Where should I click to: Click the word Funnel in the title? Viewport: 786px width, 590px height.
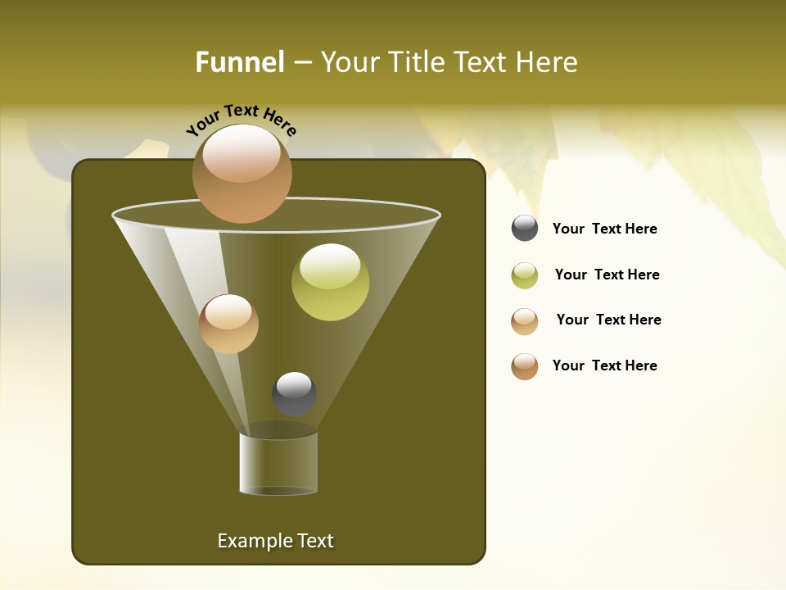coord(240,62)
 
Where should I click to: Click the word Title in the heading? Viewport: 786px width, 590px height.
coord(416,62)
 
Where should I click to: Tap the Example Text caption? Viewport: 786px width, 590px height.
coord(275,541)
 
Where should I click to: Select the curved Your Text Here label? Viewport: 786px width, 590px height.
coord(241,120)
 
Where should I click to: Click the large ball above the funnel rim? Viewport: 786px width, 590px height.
coord(242,174)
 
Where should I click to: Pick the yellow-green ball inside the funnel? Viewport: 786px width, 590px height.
coord(330,282)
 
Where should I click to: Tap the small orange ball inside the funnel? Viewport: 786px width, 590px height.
coord(228,324)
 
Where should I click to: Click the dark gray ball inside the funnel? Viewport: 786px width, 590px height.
coord(294,394)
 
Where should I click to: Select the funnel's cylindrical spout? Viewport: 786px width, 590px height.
coord(278,463)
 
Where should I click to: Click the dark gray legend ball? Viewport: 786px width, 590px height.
coord(525,229)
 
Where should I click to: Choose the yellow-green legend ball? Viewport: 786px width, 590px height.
coord(525,275)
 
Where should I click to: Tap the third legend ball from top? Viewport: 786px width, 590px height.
coord(525,321)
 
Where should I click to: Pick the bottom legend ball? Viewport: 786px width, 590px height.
coord(525,366)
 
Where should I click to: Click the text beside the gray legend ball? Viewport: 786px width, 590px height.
coord(604,229)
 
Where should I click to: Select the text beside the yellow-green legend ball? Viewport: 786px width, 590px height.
coord(607,275)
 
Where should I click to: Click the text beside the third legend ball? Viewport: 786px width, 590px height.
coord(608,320)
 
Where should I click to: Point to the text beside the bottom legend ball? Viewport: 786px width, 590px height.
coord(604,365)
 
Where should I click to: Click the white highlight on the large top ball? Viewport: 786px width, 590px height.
coord(242,152)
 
